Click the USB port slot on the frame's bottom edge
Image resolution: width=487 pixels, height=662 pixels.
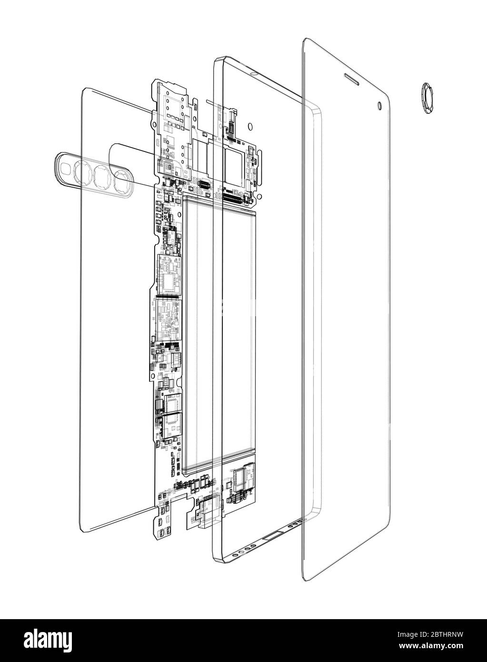click(269, 537)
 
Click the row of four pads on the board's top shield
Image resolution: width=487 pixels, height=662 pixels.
click(175, 115)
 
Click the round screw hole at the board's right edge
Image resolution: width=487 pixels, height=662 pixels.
click(260, 195)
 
